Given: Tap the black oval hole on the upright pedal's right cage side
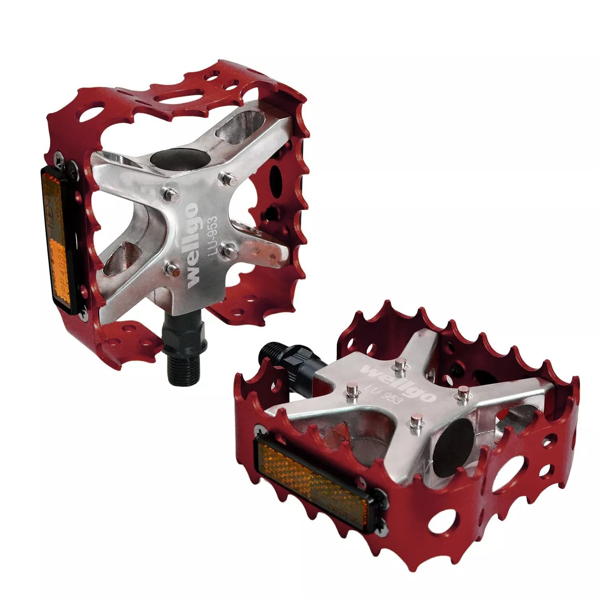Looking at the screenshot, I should tap(275, 174).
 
